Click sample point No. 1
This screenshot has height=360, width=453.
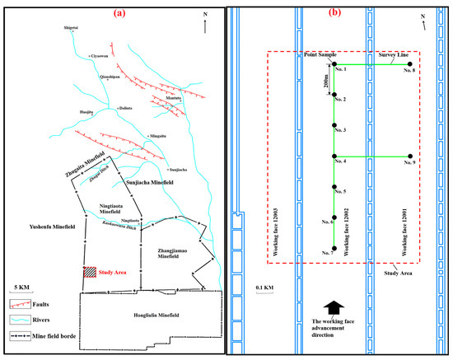point(334,66)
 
